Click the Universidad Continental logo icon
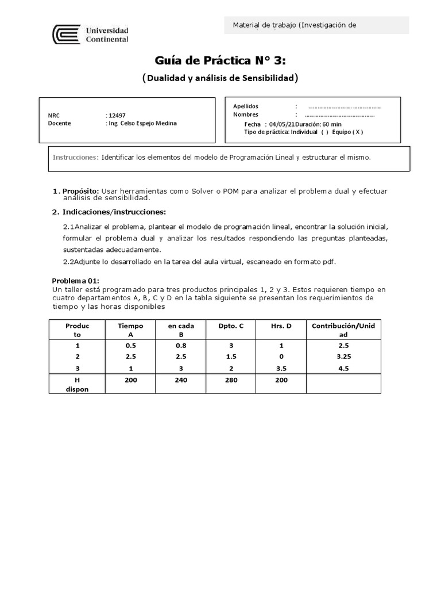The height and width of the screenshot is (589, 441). (x=66, y=35)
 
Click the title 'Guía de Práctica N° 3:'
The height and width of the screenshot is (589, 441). (x=220, y=60)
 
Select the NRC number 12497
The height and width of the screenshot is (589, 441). (x=115, y=115)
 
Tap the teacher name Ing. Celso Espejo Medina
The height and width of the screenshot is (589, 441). (x=142, y=123)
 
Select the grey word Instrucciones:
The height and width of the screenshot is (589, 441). (x=76, y=157)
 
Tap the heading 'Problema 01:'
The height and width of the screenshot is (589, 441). (x=76, y=280)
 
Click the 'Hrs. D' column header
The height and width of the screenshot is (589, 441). (x=281, y=326)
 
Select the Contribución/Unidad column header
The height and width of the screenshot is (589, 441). (x=343, y=330)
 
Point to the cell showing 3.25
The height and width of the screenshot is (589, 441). (x=343, y=357)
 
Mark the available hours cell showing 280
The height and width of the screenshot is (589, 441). (x=231, y=380)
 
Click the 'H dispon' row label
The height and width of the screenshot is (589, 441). (x=77, y=384)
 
